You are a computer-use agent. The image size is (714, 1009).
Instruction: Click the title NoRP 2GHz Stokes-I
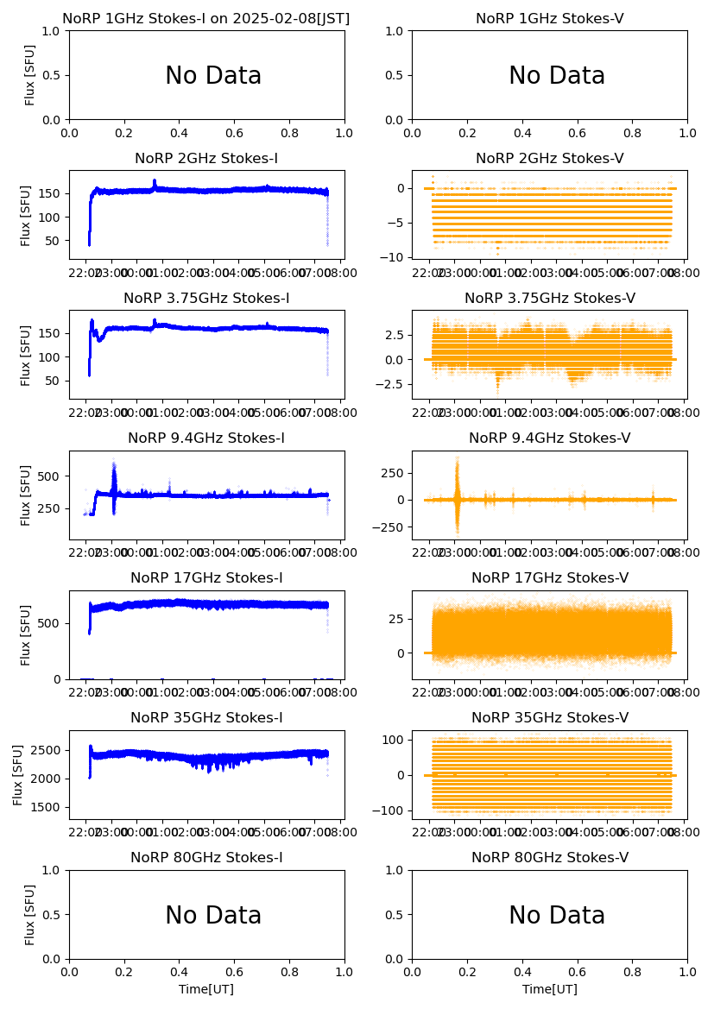tap(206, 159)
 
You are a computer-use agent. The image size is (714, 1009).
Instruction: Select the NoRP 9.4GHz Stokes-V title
tap(550, 438)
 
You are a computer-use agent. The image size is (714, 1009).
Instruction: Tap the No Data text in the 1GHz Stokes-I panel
tap(213, 76)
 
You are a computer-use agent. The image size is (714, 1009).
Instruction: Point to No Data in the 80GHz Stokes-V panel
tap(557, 916)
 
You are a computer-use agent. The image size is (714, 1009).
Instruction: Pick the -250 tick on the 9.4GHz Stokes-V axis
tap(391, 527)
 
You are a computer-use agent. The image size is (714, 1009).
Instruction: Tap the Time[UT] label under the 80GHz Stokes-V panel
tap(550, 989)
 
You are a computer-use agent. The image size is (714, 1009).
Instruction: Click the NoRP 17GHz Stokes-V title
tap(550, 578)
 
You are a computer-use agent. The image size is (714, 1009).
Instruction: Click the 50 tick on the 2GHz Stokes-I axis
tap(54, 240)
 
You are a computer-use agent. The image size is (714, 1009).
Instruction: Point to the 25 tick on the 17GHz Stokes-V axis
tap(398, 619)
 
